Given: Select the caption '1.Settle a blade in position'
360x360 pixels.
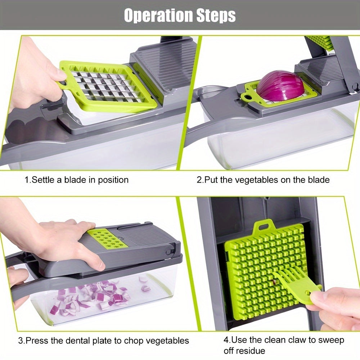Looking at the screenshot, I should point(76,179).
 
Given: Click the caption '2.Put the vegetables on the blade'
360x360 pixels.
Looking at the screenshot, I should point(263,179).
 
